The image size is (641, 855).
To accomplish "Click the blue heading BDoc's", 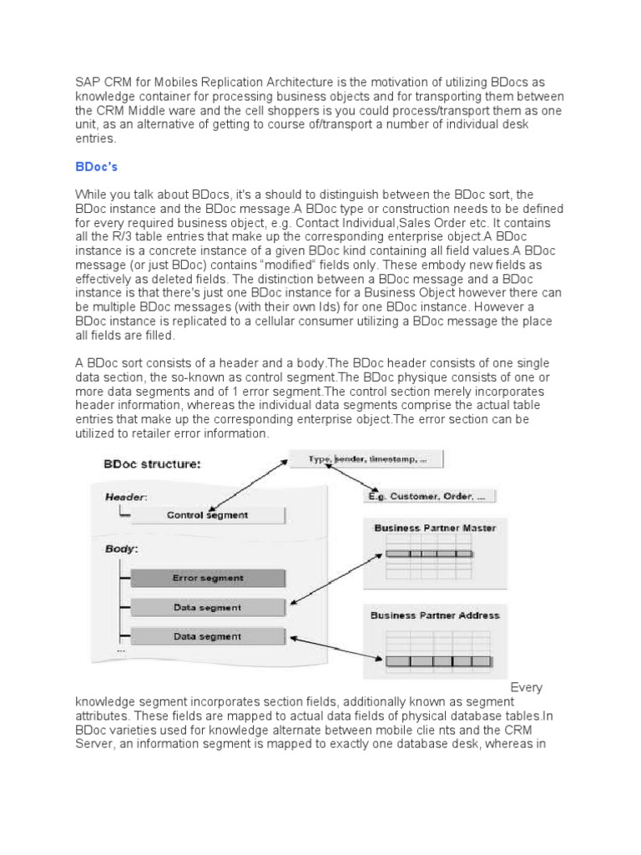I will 96,167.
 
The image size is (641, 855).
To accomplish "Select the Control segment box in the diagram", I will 207,515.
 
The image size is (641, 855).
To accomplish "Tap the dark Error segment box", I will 207,578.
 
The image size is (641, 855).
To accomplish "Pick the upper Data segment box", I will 207,608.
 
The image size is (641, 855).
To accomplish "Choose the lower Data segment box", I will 207,636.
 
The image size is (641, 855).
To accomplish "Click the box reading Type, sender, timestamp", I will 366,459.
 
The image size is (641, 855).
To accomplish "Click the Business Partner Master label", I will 435,528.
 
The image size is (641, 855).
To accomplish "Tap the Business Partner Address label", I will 435,615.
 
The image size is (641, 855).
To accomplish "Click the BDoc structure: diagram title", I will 151,464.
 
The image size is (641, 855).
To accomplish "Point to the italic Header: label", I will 126,496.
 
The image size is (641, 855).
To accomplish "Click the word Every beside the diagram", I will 526,687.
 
